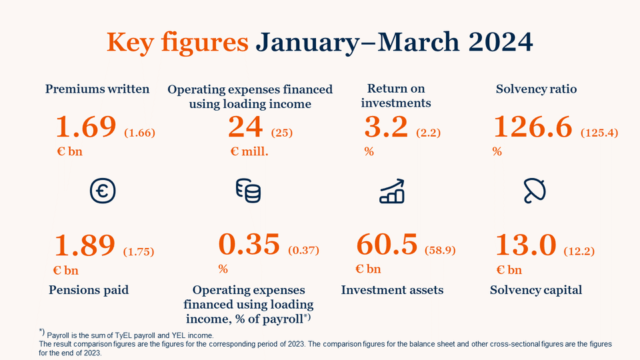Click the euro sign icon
tap(103, 191)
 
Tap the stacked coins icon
tap(249, 191)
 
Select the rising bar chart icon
tap(391, 191)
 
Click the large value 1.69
tap(87, 127)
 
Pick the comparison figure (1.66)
tap(139, 133)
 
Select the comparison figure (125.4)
tap(599, 133)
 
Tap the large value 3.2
tap(386, 127)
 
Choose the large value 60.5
tap(387, 245)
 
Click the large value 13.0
tap(525, 245)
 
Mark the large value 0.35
tap(249, 245)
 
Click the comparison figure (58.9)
tap(439, 251)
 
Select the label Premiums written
tap(97, 89)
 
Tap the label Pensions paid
tap(88, 290)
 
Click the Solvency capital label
tap(536, 290)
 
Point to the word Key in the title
tap(132, 42)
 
